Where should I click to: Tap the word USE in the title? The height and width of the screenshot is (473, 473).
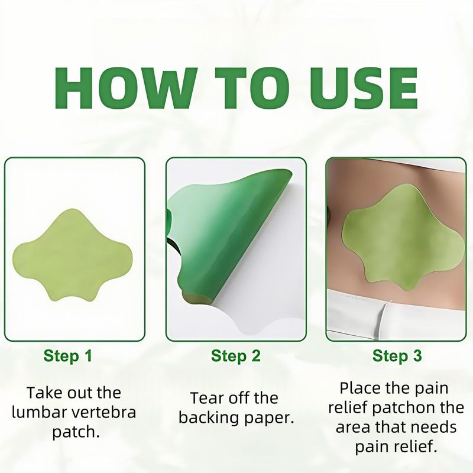coord(364,88)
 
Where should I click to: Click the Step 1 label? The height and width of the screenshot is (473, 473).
coord(67,356)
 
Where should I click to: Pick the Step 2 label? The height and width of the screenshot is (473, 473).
coord(235,356)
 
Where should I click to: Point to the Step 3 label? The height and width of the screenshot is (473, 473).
coord(397,356)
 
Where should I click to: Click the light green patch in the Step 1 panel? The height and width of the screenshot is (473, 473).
coord(72,255)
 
